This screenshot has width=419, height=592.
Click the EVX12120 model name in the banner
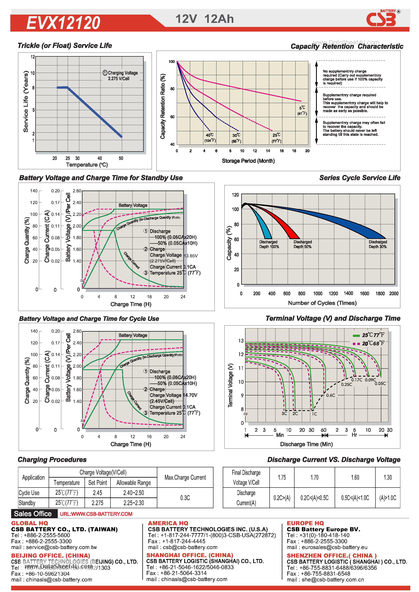click(x=63, y=23)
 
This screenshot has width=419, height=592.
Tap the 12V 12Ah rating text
click(x=205, y=19)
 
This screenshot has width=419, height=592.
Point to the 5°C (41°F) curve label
click(x=302, y=110)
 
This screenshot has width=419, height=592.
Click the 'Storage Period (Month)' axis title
click(x=248, y=161)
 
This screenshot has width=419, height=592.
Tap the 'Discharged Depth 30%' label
click(x=377, y=244)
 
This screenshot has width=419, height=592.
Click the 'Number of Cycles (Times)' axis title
click(x=322, y=303)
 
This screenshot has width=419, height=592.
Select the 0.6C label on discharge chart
click(x=330, y=395)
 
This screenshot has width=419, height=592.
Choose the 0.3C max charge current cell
click(x=185, y=498)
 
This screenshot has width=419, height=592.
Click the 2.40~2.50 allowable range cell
click(x=133, y=493)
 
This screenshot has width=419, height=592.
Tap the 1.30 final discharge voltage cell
click(x=388, y=477)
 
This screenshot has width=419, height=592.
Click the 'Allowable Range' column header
click(x=133, y=483)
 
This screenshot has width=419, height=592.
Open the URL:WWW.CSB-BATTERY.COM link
click(x=96, y=514)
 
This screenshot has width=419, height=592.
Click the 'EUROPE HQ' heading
click(x=305, y=523)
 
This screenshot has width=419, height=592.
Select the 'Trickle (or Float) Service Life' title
click(x=65, y=46)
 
